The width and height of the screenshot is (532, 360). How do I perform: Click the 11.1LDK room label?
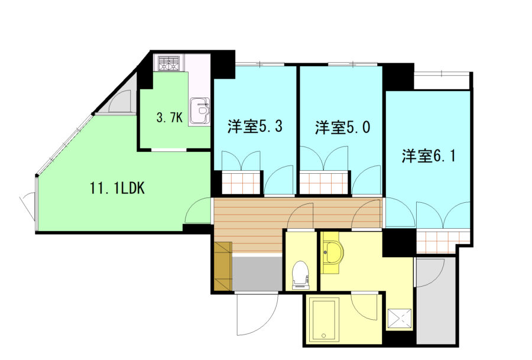[117, 188]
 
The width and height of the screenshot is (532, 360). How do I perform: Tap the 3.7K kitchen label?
[169, 118]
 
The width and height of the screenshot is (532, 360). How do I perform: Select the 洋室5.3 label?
[255, 127]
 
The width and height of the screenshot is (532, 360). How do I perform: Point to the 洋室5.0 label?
[343, 127]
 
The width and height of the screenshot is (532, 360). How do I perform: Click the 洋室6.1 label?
[429, 155]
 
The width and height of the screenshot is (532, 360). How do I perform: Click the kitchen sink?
[200, 111]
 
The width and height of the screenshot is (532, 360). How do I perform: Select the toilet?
[301, 275]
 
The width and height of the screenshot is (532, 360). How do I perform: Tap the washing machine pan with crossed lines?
[400, 319]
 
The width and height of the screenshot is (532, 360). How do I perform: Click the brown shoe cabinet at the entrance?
[223, 267]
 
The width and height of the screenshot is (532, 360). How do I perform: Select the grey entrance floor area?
[257, 273]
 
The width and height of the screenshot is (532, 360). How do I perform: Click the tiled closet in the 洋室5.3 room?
[241, 183]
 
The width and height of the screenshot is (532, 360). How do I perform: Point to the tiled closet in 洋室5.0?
[325, 183]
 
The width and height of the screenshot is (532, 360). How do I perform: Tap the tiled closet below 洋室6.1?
[443, 242]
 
